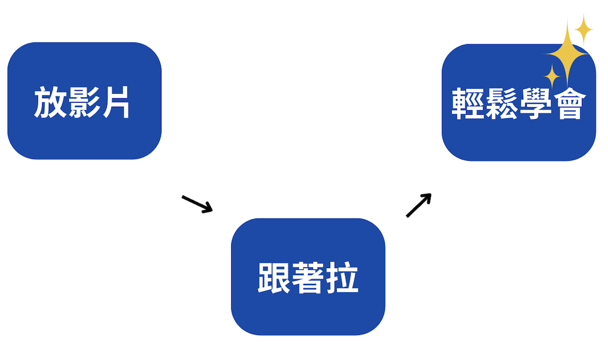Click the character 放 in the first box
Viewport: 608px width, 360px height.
pos(49,102)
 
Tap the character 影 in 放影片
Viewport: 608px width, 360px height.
pos(82,102)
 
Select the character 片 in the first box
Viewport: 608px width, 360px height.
pos(115,102)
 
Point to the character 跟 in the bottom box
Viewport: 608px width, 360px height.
pos(274,278)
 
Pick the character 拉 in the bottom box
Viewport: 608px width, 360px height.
pos(342,278)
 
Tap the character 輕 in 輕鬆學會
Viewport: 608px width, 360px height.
pos(468,104)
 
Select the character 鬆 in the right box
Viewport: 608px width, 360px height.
pos(501,104)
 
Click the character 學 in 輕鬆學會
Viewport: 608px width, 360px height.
pos(535,104)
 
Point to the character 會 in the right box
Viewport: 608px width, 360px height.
pos(568,104)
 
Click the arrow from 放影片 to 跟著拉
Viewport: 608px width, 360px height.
pos(197,203)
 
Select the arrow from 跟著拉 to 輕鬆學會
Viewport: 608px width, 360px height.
pos(419,205)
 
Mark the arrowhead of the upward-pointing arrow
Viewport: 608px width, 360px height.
pos(427,197)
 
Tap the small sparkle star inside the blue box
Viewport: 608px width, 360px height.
pos(551,76)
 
